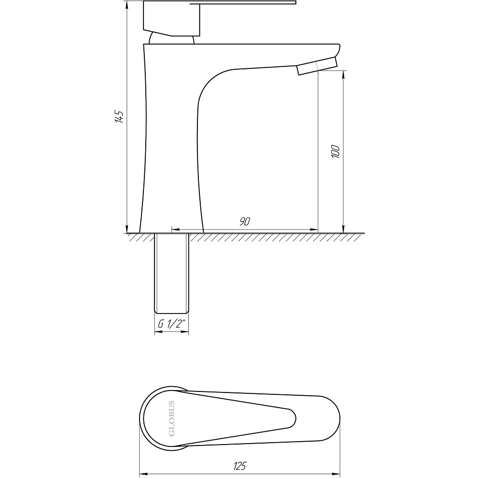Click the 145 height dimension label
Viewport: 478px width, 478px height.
pos(119,116)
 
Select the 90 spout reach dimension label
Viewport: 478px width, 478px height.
pos(244,221)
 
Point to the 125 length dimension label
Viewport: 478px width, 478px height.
pos(239,466)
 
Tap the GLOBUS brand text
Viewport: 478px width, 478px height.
pos(172,418)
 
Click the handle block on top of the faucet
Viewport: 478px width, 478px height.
pos(172,18)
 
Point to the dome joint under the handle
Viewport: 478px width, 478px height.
pos(171,39)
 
